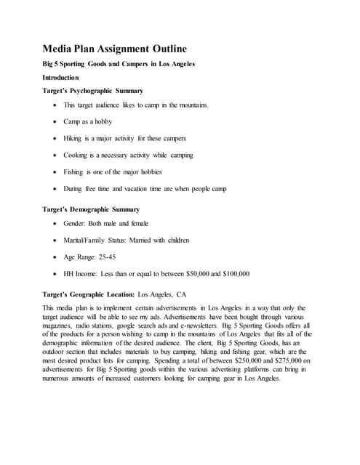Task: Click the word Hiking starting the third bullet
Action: [75, 138]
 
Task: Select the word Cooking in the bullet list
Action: [78, 155]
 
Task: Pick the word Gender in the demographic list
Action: [79, 224]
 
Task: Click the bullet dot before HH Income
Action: [56, 275]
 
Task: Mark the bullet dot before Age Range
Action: [56, 258]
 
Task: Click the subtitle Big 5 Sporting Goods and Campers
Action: [118, 64]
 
